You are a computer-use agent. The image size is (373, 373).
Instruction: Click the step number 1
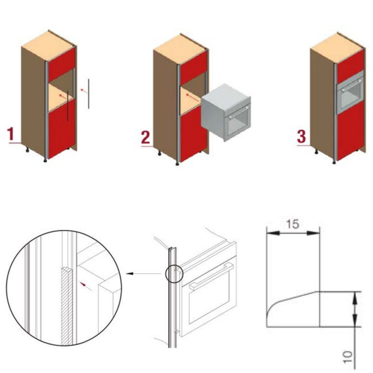click(x=11, y=134)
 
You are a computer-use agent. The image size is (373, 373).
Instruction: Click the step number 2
click(x=145, y=138)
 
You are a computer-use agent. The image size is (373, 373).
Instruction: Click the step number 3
click(x=301, y=137)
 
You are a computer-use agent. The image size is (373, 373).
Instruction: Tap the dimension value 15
click(x=292, y=224)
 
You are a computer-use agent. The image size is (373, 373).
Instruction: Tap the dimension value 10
click(x=347, y=357)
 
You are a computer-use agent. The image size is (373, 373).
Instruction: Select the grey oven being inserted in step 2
click(x=226, y=112)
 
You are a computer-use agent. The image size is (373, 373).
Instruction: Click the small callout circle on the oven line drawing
click(x=174, y=274)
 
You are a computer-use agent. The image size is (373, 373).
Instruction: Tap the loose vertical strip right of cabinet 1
click(x=89, y=94)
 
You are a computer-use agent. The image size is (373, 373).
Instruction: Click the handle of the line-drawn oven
click(x=211, y=276)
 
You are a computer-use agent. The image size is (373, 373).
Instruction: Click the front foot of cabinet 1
click(x=45, y=160)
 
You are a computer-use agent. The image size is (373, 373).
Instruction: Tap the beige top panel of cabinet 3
click(x=337, y=49)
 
